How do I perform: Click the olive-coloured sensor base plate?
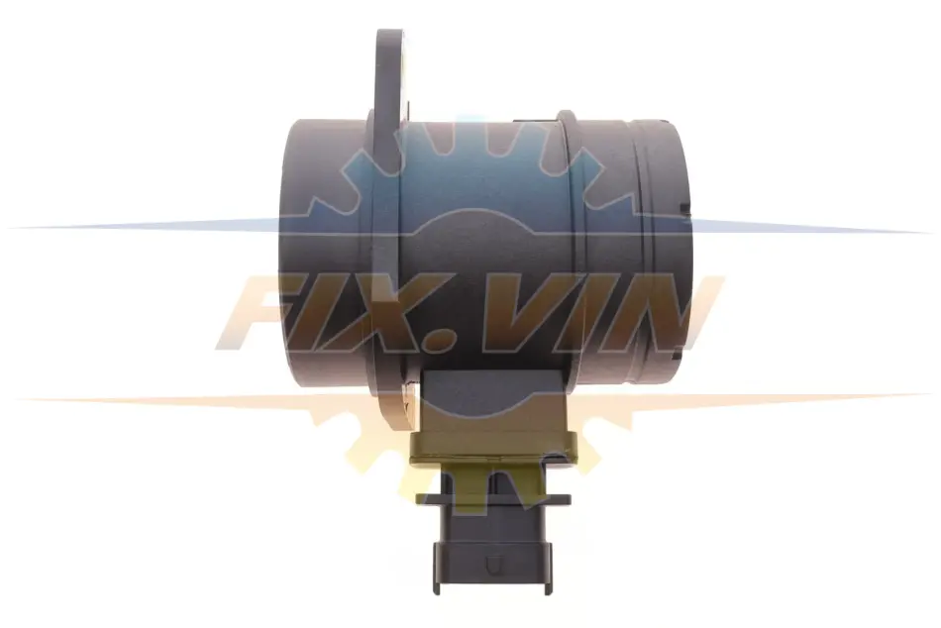(x=493, y=451)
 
